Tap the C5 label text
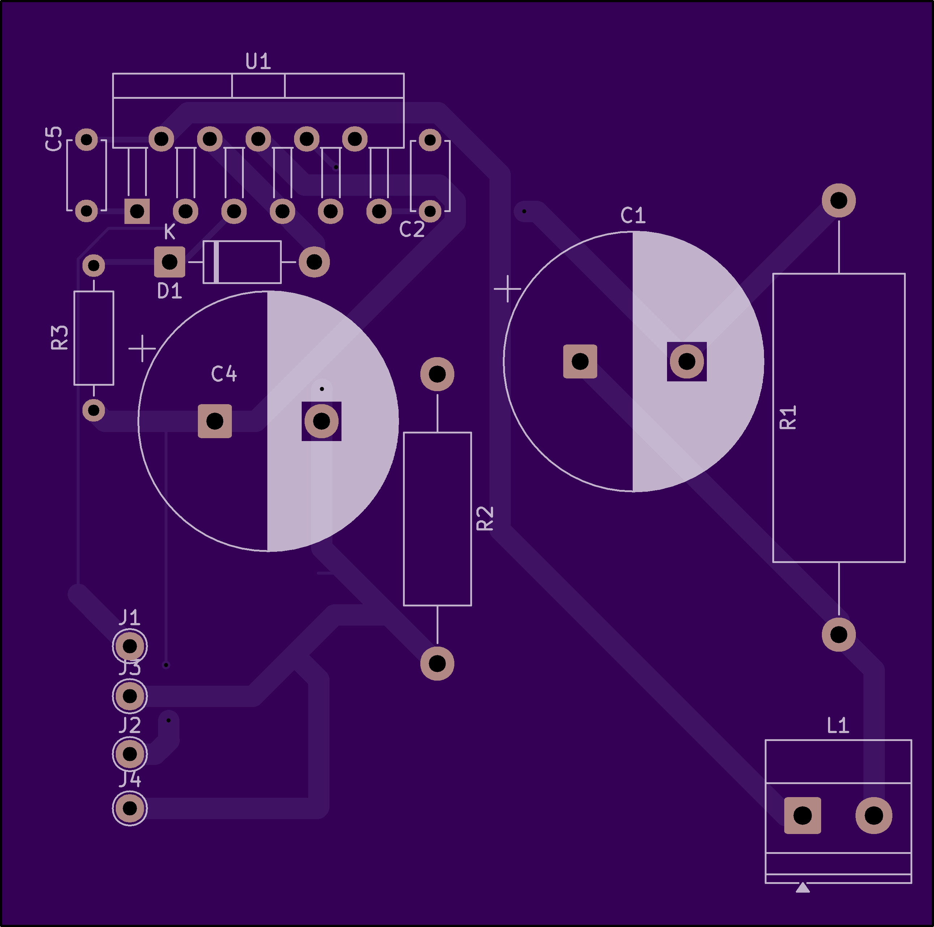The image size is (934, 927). (x=54, y=139)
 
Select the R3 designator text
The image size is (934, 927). (x=60, y=338)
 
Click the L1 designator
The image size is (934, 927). (x=838, y=725)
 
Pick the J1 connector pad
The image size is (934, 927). (x=130, y=646)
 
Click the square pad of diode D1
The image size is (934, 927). (x=169, y=262)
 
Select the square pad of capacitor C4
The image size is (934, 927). (x=215, y=421)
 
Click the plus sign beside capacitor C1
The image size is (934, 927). (x=508, y=289)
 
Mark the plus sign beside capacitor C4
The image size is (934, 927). (x=142, y=348)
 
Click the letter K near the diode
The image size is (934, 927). (x=169, y=232)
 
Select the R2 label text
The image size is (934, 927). (x=485, y=518)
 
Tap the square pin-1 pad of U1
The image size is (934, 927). (x=137, y=211)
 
